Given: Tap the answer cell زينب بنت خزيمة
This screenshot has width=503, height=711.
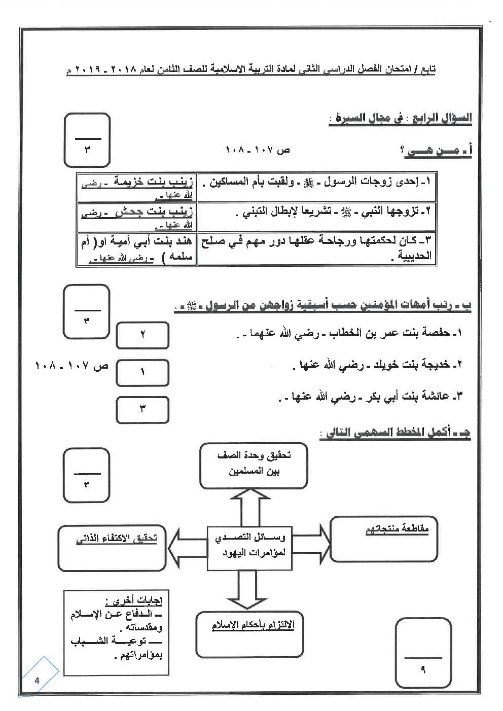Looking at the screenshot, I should [136, 188].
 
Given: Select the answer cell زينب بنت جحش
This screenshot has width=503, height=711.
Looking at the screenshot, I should [136, 217].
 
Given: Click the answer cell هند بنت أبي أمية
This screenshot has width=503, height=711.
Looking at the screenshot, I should [136, 249].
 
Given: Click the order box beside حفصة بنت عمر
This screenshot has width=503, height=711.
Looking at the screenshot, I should [142, 335].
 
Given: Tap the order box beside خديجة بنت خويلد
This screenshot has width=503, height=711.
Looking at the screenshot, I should [142, 372].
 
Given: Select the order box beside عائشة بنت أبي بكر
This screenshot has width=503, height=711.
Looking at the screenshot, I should [142, 410].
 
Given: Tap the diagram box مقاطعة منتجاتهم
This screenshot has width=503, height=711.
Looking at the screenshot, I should [384, 539].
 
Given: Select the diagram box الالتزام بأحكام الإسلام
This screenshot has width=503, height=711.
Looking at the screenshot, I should [252, 628].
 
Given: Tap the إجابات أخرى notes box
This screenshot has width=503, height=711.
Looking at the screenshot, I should [117, 632].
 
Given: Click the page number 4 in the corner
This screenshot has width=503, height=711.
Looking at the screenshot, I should [37, 681].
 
